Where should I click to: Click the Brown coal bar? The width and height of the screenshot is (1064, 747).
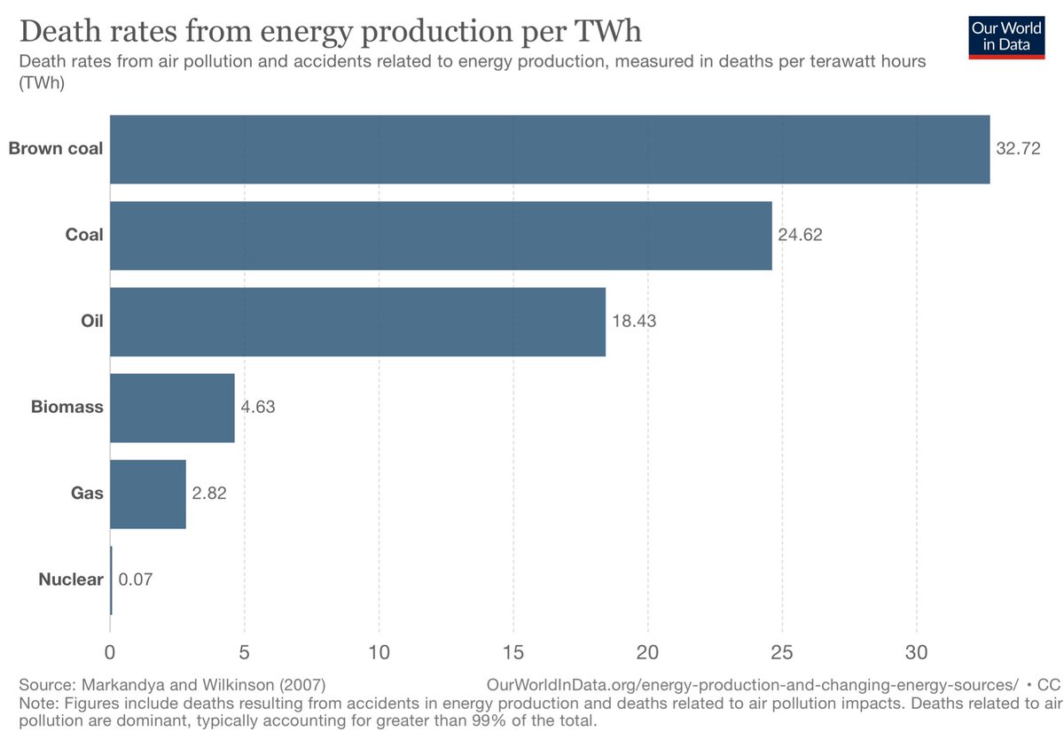pos(550,149)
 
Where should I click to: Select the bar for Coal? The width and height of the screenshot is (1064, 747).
pos(441,236)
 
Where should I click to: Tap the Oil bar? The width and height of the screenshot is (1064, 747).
pos(357,322)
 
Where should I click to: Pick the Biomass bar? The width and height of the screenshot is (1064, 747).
pos(172,408)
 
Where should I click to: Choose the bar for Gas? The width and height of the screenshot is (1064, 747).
pos(148,494)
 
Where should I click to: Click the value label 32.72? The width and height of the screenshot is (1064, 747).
pos(1018,149)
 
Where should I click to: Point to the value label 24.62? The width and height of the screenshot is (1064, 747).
pos(801,236)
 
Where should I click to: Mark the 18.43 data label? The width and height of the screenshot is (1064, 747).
pos(634,322)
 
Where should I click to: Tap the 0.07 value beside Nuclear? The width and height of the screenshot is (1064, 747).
pos(137,580)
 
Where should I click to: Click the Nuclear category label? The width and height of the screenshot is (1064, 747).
pos(71,580)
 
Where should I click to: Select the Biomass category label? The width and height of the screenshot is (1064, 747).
pos(67,408)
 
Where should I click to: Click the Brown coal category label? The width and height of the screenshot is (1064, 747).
pos(56,149)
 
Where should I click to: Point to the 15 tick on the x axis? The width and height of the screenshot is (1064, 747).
pos(513,653)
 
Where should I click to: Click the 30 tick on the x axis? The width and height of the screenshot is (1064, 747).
pos(917,653)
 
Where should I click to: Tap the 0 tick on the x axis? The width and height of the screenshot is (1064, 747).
pos(110,653)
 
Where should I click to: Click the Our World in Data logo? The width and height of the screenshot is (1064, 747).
pos(1006,35)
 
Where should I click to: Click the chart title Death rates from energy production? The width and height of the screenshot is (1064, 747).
pos(330,31)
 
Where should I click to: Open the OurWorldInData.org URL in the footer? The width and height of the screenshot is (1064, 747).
pos(752,685)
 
